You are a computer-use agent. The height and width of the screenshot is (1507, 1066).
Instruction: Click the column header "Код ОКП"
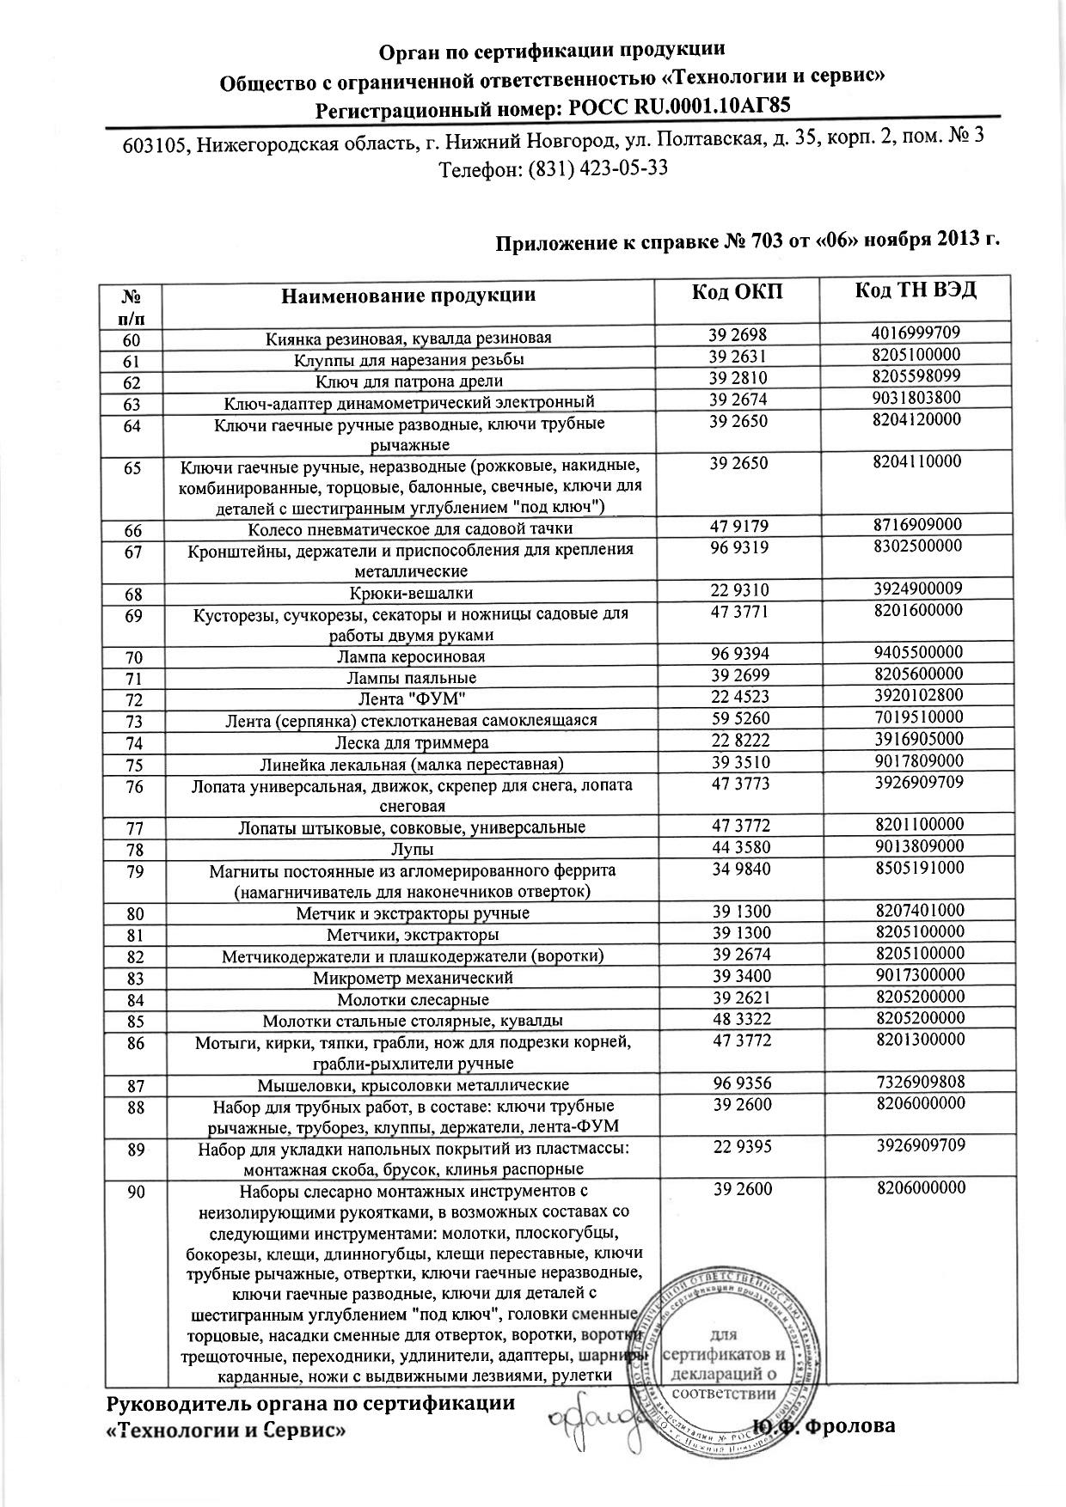737,291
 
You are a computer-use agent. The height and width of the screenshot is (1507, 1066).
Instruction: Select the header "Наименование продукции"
407,296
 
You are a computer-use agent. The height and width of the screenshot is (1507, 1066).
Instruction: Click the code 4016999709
916,333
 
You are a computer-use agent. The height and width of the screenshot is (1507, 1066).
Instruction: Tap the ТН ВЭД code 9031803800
916,397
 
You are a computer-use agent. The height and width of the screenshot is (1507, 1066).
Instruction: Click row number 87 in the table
132,1086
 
